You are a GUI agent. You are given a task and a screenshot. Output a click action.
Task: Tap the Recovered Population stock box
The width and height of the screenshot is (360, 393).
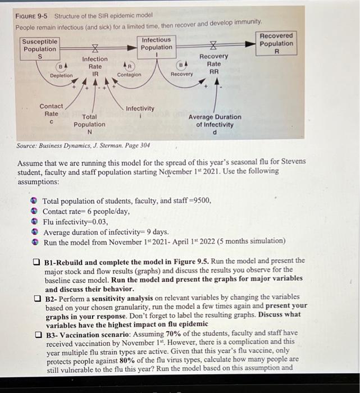[276, 44]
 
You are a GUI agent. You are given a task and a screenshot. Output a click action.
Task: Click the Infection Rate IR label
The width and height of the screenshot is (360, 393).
[95, 66]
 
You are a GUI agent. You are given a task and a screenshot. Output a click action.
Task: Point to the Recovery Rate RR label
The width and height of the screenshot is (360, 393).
[213, 64]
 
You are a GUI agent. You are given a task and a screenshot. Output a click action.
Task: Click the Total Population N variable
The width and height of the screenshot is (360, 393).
[89, 124]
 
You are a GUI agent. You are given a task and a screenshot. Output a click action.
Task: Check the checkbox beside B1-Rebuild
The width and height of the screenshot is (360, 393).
[35, 262]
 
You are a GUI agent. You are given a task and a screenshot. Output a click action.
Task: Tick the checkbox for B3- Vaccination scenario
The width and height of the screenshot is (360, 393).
[35, 333]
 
